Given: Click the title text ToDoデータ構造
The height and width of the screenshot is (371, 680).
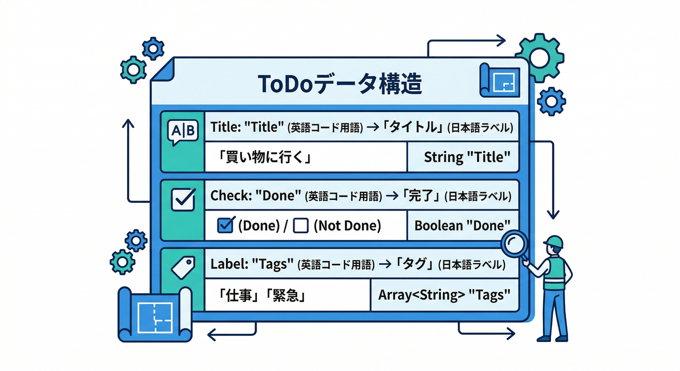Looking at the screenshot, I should click(x=340, y=84).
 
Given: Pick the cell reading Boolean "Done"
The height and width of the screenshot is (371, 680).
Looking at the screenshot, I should click(x=462, y=225).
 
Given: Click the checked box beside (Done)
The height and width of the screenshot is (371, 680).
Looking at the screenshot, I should click(x=226, y=226).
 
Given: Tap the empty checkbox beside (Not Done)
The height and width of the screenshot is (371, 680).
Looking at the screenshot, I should click(x=301, y=226).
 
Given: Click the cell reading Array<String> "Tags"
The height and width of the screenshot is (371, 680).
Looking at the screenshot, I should click(x=444, y=295).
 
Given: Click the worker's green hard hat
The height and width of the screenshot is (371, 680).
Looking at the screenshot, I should click(x=553, y=242).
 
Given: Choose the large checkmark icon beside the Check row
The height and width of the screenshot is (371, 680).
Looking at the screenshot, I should click(x=184, y=199).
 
